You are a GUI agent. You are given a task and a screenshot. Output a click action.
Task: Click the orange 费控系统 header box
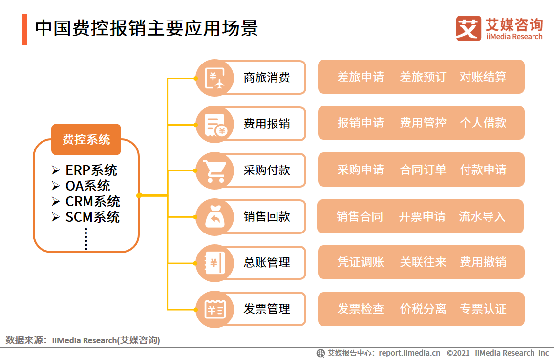[x=86, y=139]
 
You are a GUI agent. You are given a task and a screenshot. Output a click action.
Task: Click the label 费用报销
[x=267, y=124]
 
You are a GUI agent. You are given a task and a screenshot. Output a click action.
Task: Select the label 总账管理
[x=267, y=263]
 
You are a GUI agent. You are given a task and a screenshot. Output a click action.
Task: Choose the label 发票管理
[x=267, y=309]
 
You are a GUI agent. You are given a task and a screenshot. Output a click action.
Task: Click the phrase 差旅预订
[x=423, y=77]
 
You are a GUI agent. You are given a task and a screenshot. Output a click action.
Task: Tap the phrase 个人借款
[x=483, y=123]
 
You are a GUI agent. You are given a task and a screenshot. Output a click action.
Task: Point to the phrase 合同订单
[x=423, y=170]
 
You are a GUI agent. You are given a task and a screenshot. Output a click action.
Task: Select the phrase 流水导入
[x=482, y=216]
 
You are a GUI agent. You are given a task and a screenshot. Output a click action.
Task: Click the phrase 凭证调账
[x=361, y=262]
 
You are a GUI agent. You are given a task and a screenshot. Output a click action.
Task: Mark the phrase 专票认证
[x=483, y=309]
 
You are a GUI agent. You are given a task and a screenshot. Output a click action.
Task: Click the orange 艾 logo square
[x=468, y=28]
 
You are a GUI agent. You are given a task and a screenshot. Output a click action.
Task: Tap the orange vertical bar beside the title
[x=24, y=29]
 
